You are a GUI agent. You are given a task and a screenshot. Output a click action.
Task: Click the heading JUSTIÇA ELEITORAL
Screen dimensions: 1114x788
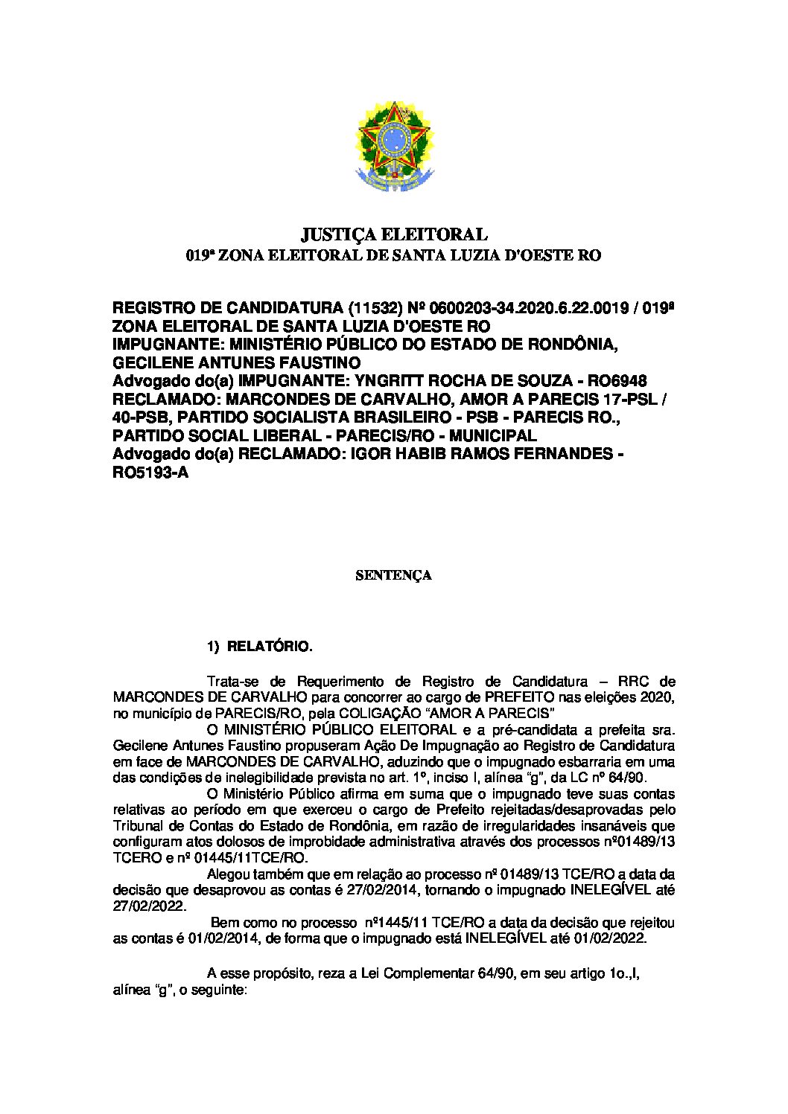pos(393,235)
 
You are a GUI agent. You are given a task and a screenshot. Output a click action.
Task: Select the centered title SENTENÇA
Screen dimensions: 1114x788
pos(393,575)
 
